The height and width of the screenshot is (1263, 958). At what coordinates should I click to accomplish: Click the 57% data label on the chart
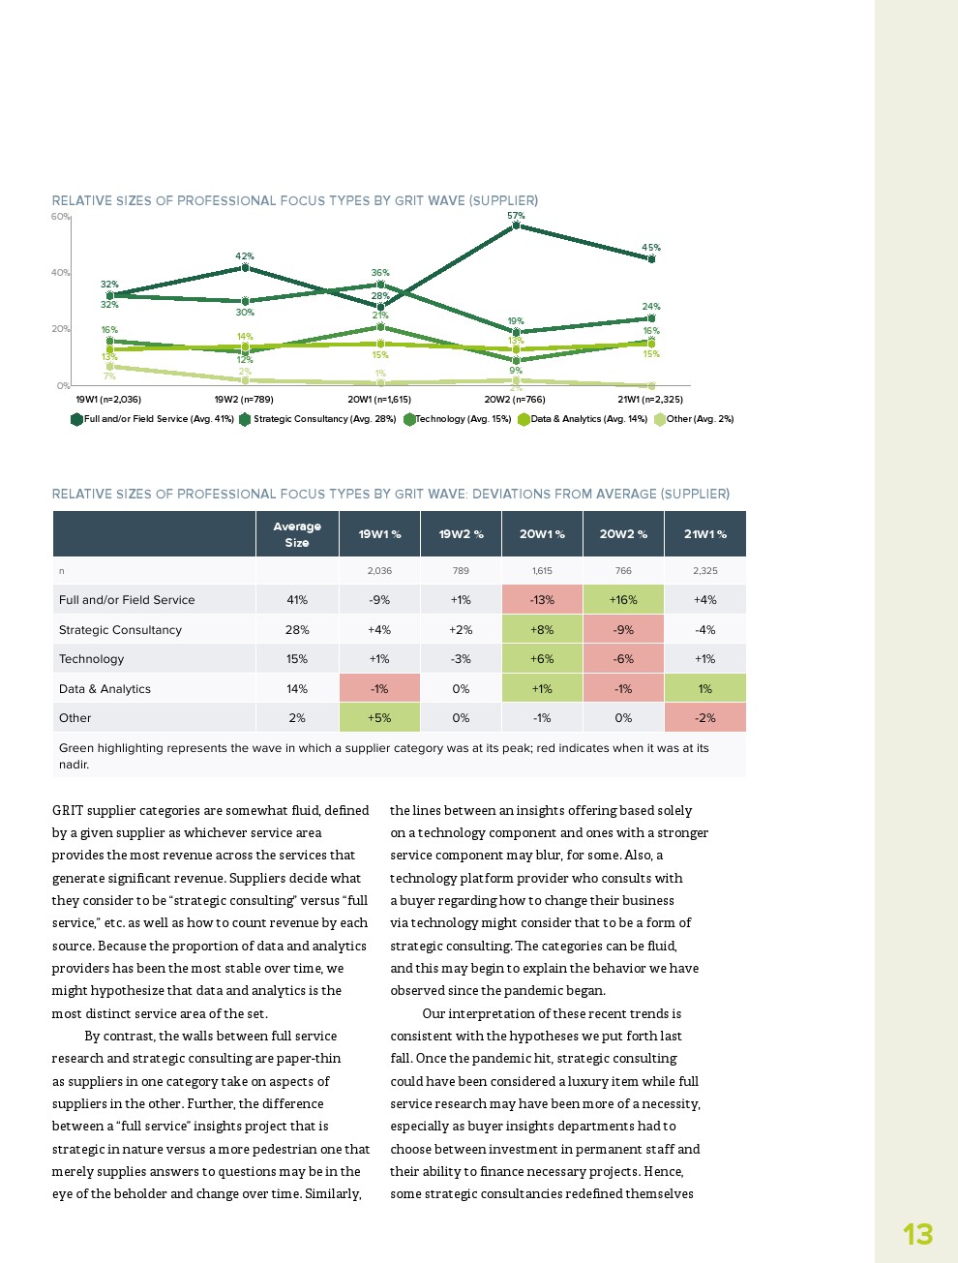pyautogui.click(x=516, y=216)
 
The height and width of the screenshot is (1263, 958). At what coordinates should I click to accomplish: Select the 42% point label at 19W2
pyautogui.click(x=245, y=256)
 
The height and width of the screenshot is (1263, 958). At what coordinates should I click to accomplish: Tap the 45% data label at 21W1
pyautogui.click(x=651, y=248)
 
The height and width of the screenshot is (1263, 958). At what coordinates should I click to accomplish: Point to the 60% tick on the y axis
pyautogui.click(x=60, y=217)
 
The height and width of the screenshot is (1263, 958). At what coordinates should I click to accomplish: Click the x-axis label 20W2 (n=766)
pyautogui.click(x=515, y=399)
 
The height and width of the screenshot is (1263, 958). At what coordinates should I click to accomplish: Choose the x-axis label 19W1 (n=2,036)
pyautogui.click(x=108, y=399)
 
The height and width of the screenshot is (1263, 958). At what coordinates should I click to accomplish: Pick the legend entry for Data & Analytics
pyautogui.click(x=583, y=419)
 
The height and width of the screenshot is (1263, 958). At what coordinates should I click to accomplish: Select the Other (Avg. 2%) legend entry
pyautogui.click(x=694, y=419)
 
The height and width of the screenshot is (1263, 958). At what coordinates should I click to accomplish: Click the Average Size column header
pyautogui.click(x=297, y=534)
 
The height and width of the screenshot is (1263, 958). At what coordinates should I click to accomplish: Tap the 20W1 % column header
pyautogui.click(x=542, y=534)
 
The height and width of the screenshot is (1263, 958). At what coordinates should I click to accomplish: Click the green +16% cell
pyautogui.click(x=623, y=600)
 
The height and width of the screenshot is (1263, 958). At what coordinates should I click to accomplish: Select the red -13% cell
pyautogui.click(x=542, y=600)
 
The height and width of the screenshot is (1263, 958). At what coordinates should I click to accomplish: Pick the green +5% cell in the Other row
pyautogui.click(x=379, y=718)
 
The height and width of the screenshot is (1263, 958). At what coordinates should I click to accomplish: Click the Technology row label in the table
pyautogui.click(x=92, y=659)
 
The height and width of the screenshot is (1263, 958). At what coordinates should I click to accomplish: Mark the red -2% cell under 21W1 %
pyautogui.click(x=705, y=718)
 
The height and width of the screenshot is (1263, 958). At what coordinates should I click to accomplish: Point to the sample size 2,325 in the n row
pyautogui.click(x=705, y=571)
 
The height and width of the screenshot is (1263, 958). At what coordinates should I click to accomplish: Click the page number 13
pyautogui.click(x=917, y=1234)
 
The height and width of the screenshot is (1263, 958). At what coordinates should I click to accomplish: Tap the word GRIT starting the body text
pyautogui.click(x=68, y=811)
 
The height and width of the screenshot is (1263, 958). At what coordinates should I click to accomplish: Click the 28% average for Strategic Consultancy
pyautogui.click(x=297, y=630)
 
